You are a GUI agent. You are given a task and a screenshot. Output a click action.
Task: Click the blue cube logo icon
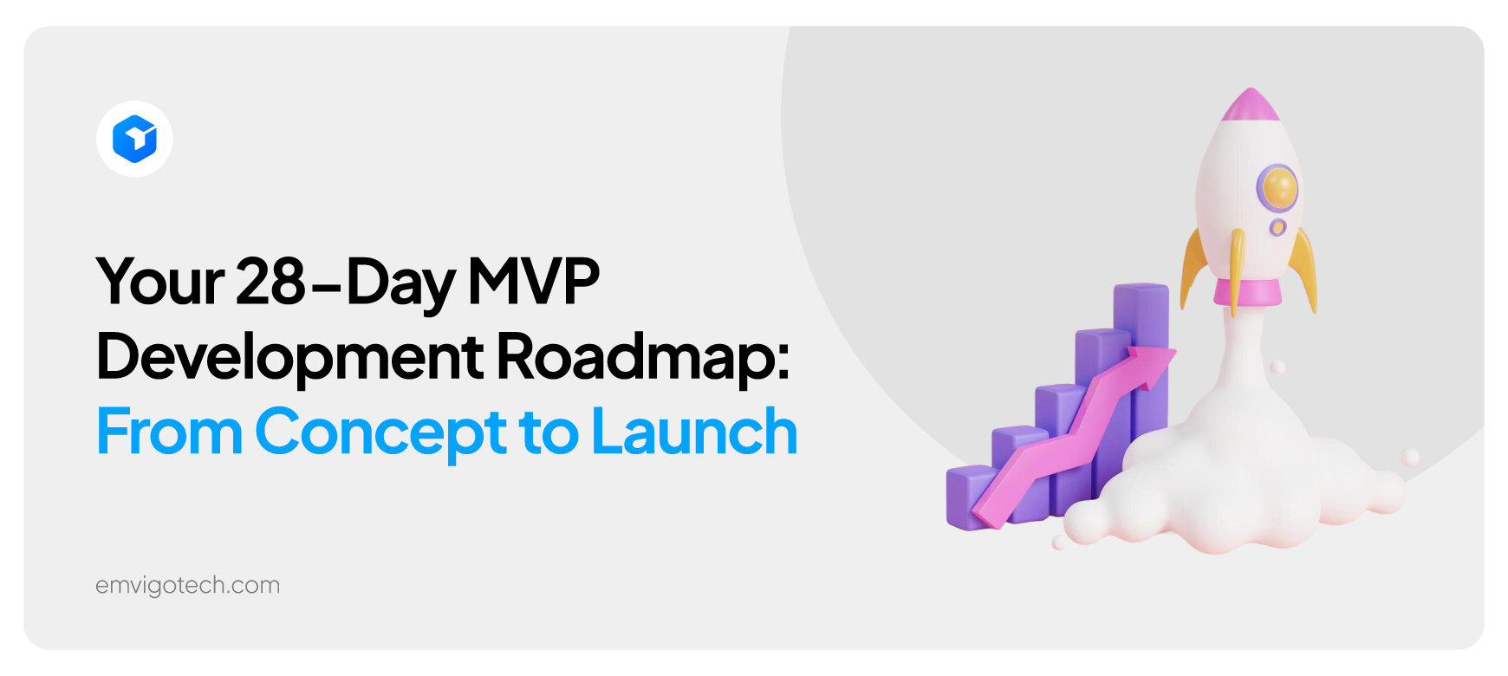[x=134, y=139]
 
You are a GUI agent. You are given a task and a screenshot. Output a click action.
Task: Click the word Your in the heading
[x=160, y=283]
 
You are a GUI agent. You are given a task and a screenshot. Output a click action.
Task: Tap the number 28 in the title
[x=270, y=281]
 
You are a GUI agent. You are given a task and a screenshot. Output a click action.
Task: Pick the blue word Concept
[x=380, y=432]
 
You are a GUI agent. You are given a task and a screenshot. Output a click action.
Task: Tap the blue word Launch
[x=693, y=432]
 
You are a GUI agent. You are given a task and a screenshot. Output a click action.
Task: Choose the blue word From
[x=169, y=432]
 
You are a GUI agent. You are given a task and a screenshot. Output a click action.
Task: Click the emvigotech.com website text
[x=187, y=586]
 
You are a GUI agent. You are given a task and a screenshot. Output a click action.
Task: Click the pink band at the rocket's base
[x=1249, y=292]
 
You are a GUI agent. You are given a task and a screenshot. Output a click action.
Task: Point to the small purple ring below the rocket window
[x=1277, y=227]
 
